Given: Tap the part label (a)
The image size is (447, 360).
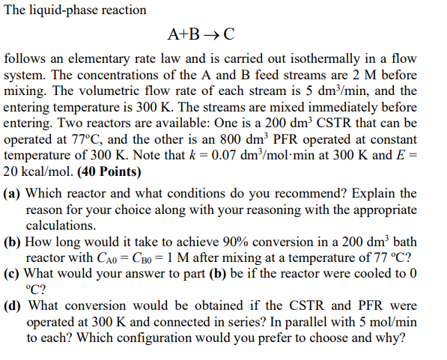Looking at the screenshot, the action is pyautogui.click(x=13, y=193).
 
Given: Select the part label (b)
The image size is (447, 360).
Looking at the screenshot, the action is pyautogui.click(x=13, y=242).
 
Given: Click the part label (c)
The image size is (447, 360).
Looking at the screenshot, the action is pyautogui.click(x=13, y=275).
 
